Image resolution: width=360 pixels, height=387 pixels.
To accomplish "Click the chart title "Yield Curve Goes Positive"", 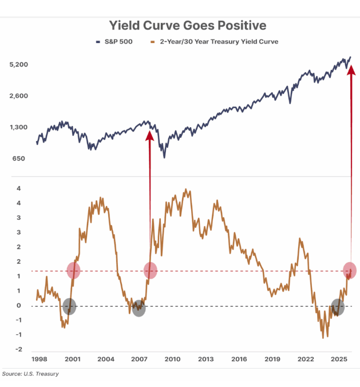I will click(180, 26).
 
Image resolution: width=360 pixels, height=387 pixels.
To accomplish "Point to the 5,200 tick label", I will click(19, 65).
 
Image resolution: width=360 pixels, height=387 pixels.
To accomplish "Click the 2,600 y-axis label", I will click(19, 96).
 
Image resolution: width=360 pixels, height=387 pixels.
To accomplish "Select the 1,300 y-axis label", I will click(19, 127).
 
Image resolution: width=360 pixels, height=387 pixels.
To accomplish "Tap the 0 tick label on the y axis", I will click(21, 306).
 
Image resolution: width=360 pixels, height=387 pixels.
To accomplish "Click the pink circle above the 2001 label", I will click(73, 270).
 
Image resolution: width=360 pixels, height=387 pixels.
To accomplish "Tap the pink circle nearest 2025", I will click(350, 270).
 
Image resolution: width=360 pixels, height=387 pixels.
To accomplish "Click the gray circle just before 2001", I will click(69, 306).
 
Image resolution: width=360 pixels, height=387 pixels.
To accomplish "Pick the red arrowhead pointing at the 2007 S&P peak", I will click(150, 135).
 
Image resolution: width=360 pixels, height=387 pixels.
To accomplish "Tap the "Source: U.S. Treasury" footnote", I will click(30, 374).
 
